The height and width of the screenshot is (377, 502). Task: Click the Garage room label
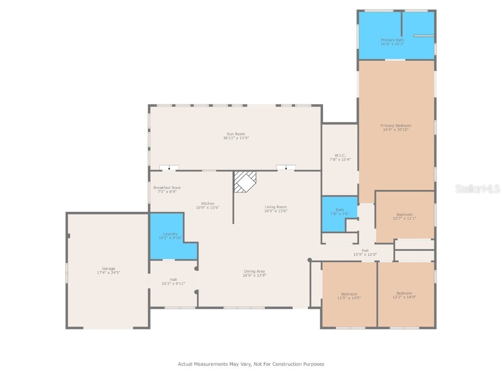coord(108,269)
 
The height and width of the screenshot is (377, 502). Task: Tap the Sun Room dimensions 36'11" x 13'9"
coord(236,138)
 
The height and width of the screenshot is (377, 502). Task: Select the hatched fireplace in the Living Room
coord(244,181)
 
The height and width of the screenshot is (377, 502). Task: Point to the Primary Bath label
coord(392,40)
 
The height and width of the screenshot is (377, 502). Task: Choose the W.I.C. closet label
coord(339,156)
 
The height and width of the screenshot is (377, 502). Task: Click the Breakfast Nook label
coord(167,188)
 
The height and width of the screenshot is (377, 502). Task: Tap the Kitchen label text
coord(208,204)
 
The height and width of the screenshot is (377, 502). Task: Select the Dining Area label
coord(254,271)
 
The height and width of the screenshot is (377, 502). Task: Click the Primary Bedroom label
coord(396,126)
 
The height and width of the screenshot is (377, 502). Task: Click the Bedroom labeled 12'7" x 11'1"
coord(404,215)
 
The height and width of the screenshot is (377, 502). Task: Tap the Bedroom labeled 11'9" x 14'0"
coord(349,294)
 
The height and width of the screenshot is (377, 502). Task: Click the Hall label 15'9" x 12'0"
coord(365,250)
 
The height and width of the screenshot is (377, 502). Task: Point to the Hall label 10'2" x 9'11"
coord(173,279)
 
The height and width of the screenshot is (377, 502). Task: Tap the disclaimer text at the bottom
coord(251,364)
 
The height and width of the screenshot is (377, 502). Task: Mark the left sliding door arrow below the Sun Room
coord(169,168)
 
